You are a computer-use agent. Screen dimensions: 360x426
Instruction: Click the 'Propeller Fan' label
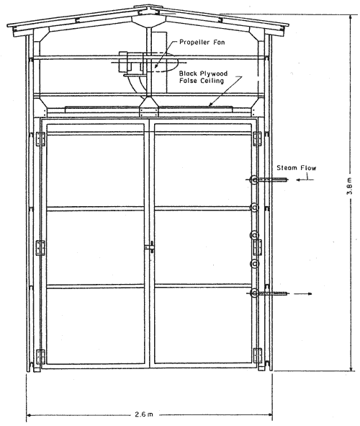pyautogui.click(x=202, y=42)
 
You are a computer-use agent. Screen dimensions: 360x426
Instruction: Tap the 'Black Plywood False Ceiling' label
pyautogui.click(x=203, y=77)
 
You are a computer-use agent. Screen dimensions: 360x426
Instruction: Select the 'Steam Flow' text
pyautogui.click(x=296, y=168)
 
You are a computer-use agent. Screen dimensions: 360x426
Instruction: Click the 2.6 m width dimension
pyautogui.click(x=144, y=414)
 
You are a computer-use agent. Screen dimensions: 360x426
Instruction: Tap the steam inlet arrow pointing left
pyautogui.click(x=305, y=180)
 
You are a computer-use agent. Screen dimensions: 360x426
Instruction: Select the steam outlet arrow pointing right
pyautogui.click(x=303, y=293)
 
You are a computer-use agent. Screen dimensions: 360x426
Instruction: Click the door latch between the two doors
pyautogui.click(x=150, y=247)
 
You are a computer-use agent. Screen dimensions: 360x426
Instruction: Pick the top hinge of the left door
pyautogui.click(x=41, y=139)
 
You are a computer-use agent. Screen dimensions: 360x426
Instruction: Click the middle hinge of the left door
pyautogui.click(x=41, y=248)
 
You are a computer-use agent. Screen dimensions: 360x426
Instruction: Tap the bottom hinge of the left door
pyautogui.click(x=41, y=357)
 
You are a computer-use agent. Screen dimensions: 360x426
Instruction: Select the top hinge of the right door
pyautogui.click(x=258, y=139)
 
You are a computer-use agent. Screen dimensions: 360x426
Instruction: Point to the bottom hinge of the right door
pyautogui.click(x=258, y=356)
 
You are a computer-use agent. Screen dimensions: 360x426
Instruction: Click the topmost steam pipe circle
pyautogui.click(x=255, y=179)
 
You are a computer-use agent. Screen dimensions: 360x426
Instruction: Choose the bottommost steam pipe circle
pyautogui.click(x=254, y=293)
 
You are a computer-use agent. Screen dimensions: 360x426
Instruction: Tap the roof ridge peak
pyautogui.click(x=148, y=6)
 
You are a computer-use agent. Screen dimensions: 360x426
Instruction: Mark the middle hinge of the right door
pyautogui.click(x=258, y=247)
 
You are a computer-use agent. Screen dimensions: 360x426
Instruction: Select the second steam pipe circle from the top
pyautogui.click(x=254, y=208)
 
